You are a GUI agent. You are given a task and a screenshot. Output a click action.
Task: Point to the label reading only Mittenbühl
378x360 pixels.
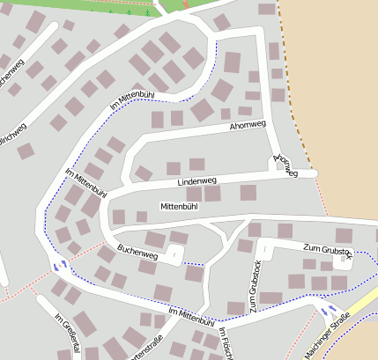[179, 206]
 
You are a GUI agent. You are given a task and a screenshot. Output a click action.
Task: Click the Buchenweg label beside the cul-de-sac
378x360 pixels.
[137, 254]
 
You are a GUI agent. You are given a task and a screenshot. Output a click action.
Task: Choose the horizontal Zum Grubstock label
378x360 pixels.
[327, 249]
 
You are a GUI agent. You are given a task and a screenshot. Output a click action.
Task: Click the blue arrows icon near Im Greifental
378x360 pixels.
[59, 264]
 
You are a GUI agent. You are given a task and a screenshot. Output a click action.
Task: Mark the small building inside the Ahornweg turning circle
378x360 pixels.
[271, 160]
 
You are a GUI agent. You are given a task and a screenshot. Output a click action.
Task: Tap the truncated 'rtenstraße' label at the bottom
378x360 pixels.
[147, 346]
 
